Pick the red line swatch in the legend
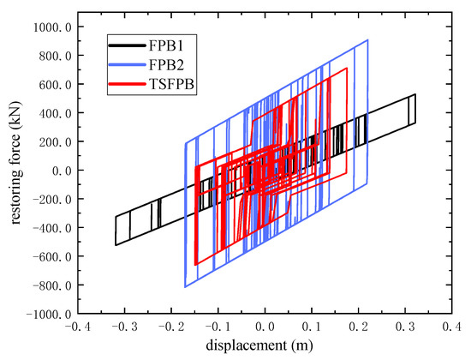(x=128, y=84)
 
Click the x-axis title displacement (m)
(x=265, y=346)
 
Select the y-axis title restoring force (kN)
(x=15, y=171)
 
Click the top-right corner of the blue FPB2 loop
(x=368, y=39)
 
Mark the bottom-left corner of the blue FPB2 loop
(x=185, y=287)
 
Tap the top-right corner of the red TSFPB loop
(x=347, y=69)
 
